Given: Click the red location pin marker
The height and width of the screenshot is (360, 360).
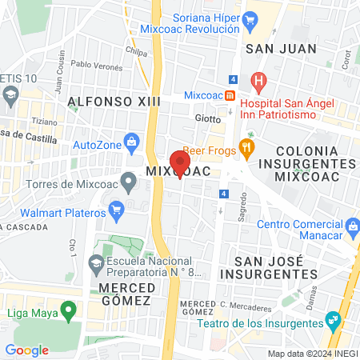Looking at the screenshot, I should (178, 162).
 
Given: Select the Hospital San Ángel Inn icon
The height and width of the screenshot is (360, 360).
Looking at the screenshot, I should (258, 81).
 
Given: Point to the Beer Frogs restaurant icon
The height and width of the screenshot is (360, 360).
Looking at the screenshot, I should (248, 148).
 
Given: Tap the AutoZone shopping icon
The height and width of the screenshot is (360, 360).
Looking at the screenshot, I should (132, 144).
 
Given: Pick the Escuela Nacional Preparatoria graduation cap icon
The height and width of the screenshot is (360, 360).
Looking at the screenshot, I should (96, 262).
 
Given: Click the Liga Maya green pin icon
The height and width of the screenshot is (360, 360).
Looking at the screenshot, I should (69, 309).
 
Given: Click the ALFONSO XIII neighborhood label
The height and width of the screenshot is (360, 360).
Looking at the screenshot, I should (115, 102).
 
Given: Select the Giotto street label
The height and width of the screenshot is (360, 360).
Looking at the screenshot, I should (208, 118).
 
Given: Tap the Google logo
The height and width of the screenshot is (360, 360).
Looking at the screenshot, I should (26, 350).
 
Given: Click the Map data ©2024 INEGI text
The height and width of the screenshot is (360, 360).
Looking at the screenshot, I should (311, 354).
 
